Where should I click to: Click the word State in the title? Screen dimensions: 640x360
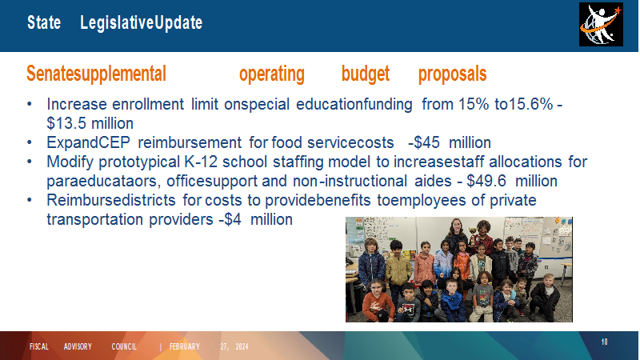44,22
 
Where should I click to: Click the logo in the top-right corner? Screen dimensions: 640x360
601,25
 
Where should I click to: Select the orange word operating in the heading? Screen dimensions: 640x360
272,74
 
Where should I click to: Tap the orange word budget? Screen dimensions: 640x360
366,74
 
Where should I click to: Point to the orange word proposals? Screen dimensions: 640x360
452,74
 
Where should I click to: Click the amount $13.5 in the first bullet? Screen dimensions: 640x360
67,123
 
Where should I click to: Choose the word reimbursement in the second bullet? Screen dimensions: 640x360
190,142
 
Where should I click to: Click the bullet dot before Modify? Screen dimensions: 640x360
30,162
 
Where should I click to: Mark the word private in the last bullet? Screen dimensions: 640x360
513,200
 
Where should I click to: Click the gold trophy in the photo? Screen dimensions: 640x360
473,235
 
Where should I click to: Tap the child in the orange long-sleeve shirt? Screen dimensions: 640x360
377,301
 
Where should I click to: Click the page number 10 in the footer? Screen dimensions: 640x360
605,342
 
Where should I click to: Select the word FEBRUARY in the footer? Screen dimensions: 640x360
185,346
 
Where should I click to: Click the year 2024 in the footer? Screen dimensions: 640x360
242,346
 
